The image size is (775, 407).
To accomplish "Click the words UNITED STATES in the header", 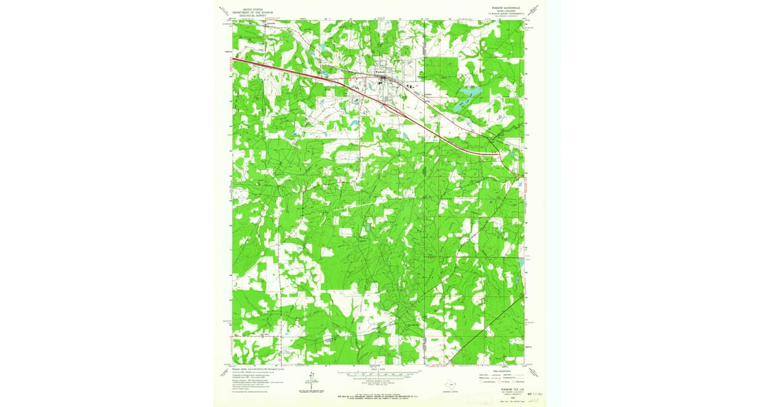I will click(249, 10).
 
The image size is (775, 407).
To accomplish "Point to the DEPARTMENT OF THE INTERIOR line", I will click(249, 12).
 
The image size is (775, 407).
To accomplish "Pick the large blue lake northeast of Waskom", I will click(466, 98).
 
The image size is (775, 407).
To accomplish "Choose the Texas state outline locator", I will click(460, 382).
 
